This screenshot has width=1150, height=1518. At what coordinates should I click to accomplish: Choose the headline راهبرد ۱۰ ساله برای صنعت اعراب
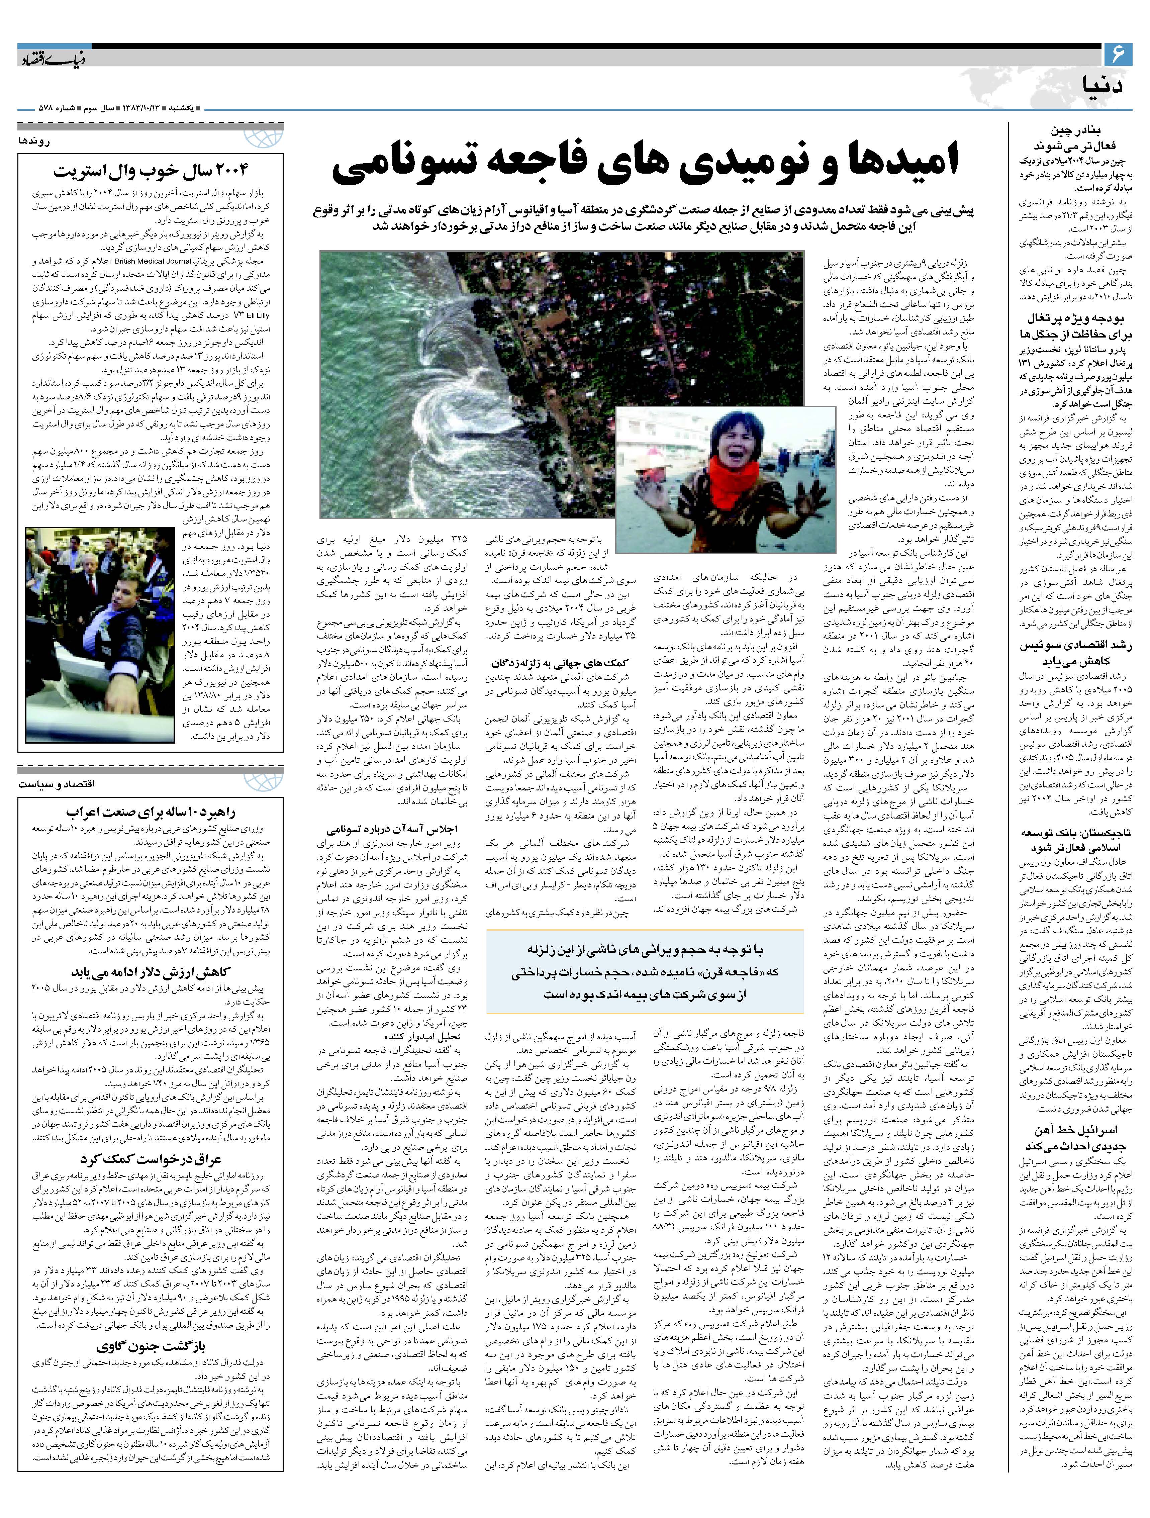pyautogui.click(x=151, y=812)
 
